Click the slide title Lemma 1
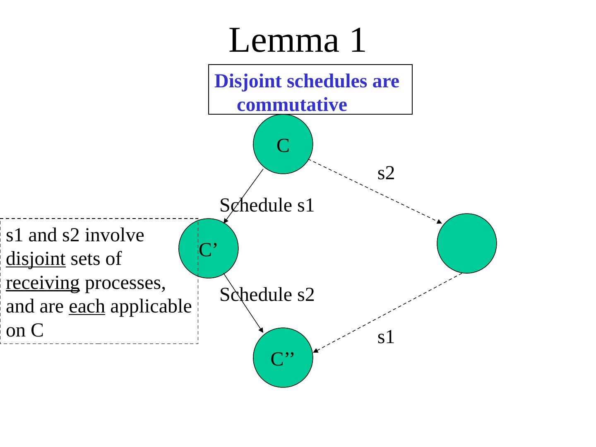(x=297, y=40)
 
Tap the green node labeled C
(x=283, y=144)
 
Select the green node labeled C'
(x=209, y=248)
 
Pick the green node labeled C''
(x=283, y=358)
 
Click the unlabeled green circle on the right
(x=467, y=243)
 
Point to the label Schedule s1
(x=267, y=205)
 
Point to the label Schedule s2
(x=267, y=295)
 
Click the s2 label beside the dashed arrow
(x=386, y=173)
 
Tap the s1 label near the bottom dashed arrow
(x=386, y=338)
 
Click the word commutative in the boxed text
(x=292, y=105)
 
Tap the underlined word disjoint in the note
(x=36, y=260)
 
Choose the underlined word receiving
(x=43, y=283)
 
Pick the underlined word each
(x=87, y=307)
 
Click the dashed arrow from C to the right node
(x=375, y=191)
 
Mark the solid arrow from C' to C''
(x=243, y=303)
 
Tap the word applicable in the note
(x=151, y=307)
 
